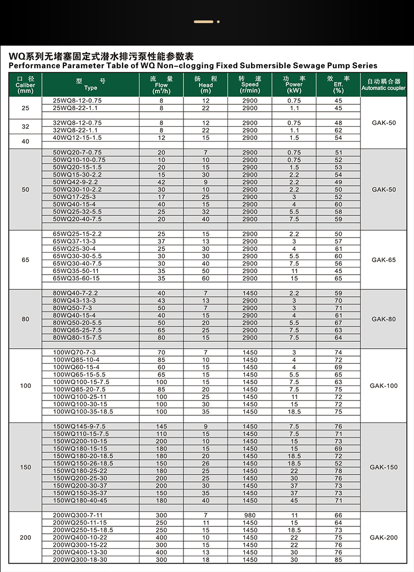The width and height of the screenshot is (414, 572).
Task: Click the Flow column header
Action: [x=161, y=85]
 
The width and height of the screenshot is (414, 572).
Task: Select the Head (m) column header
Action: [x=205, y=85]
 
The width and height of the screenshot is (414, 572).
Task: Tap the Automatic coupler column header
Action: [x=384, y=85]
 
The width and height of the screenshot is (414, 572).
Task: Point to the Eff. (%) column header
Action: [x=338, y=85]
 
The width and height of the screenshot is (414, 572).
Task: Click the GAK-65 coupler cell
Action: [x=384, y=260]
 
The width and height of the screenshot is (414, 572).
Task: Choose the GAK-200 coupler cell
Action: [x=384, y=537]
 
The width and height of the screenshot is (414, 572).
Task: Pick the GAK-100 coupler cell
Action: [x=384, y=386]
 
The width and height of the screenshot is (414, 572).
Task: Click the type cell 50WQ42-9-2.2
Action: [x=75, y=182]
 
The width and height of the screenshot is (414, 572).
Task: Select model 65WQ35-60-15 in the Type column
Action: [x=77, y=278]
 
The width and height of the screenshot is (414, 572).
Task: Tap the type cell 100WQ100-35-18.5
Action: [x=83, y=412]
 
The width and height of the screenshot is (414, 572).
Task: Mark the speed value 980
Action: [x=250, y=515]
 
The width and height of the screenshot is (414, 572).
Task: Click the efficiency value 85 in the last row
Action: [x=338, y=560]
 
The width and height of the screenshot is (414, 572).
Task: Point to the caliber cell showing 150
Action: [x=26, y=467]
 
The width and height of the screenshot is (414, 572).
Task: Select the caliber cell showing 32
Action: [x=26, y=127]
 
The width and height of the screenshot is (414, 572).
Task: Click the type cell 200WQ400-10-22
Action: [x=80, y=537]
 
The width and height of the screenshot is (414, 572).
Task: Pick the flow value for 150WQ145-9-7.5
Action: [x=161, y=427]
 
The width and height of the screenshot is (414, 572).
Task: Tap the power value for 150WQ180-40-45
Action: [x=294, y=501]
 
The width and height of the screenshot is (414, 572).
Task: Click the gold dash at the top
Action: [x=203, y=22]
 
